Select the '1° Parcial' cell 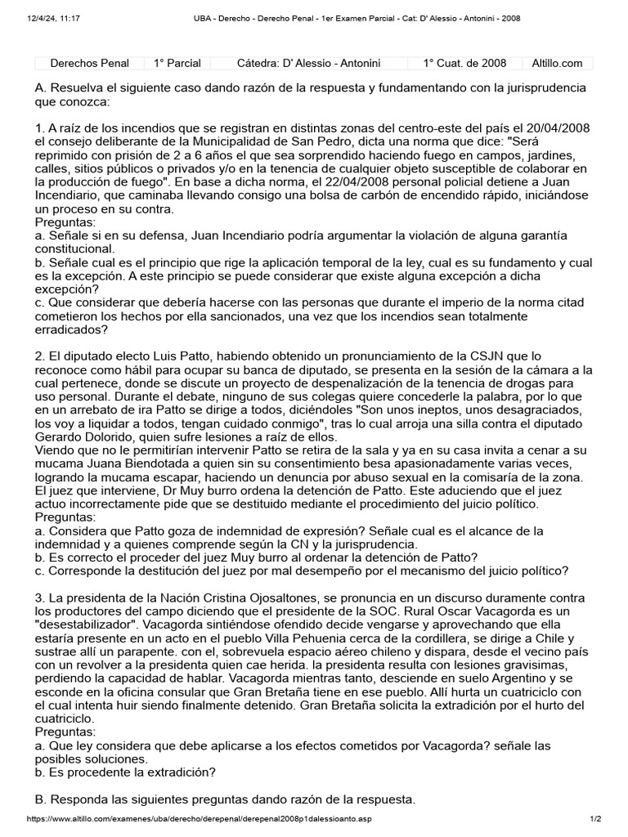(x=178, y=63)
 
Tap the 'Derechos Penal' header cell (x=89, y=63)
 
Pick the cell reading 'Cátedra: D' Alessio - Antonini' (x=308, y=63)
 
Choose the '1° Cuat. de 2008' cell (x=464, y=63)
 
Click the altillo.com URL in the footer (x=204, y=819)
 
